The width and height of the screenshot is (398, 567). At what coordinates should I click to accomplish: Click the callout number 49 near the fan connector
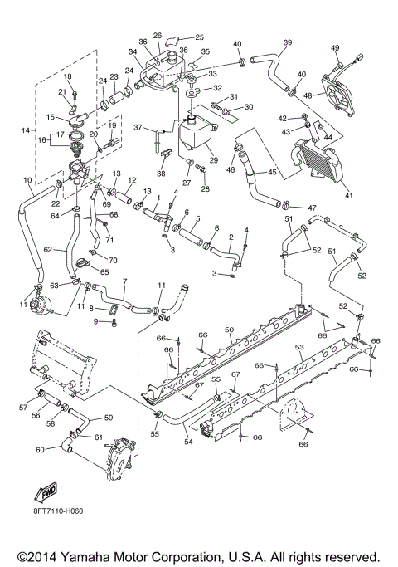click(x=335, y=47)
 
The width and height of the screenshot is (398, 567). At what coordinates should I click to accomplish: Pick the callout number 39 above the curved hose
click(x=288, y=42)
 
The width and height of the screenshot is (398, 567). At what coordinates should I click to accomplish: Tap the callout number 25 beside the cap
click(x=198, y=37)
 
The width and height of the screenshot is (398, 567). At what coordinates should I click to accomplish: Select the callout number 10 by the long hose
click(x=27, y=180)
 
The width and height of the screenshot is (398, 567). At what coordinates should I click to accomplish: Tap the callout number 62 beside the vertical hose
click(x=48, y=247)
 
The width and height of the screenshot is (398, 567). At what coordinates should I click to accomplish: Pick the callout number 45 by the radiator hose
click(x=272, y=173)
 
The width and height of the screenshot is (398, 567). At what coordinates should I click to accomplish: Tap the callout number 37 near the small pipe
click(x=138, y=127)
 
